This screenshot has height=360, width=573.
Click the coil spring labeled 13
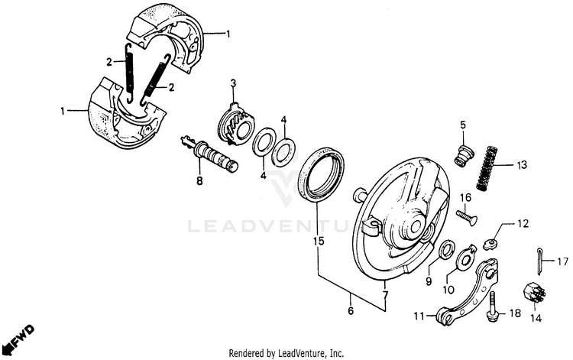487,168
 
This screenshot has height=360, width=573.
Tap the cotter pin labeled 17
539,261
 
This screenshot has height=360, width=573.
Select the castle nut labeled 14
529,293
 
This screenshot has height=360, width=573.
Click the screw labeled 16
467,216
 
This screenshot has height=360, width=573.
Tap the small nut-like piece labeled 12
492,245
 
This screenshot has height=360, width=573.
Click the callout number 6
351,311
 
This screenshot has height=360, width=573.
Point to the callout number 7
386,294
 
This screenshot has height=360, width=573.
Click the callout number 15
317,241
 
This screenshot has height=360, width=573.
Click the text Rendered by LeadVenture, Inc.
286,353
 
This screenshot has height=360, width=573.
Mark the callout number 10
449,290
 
